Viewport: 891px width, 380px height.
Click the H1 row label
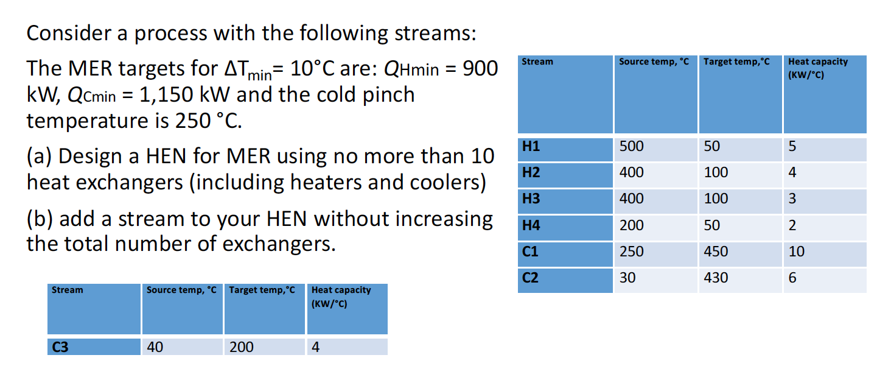(x=531, y=147)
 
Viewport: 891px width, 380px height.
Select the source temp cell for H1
(x=631, y=147)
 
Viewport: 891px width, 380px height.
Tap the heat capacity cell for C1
(x=796, y=252)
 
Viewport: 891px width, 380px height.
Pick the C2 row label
(x=531, y=278)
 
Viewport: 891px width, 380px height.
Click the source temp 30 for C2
(x=627, y=278)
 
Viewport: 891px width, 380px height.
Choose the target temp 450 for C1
(x=716, y=252)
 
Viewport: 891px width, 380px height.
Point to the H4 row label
(x=531, y=225)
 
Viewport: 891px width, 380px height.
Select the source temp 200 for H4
(x=631, y=225)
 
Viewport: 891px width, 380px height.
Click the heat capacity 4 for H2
(x=792, y=172)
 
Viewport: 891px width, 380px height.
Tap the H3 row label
(x=531, y=199)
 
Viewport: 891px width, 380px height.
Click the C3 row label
(x=60, y=347)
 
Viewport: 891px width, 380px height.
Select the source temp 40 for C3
(x=155, y=347)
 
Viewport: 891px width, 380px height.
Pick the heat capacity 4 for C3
(x=315, y=347)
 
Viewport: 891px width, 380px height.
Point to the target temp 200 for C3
(x=242, y=347)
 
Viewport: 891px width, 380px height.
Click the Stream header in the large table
(x=537, y=62)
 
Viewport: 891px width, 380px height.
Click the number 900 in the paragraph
(x=480, y=69)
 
